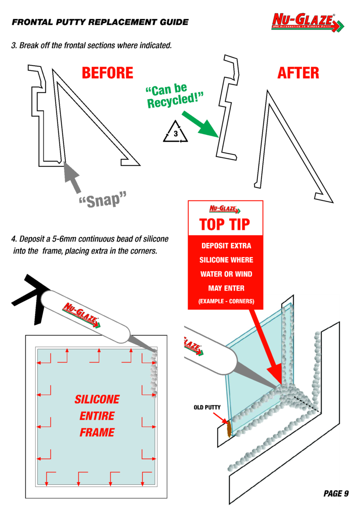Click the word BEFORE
click(x=107, y=73)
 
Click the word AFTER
click(x=298, y=73)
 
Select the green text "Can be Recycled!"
click(x=173, y=96)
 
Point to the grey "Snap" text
click(x=103, y=200)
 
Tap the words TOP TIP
click(x=225, y=224)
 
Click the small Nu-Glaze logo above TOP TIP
click(x=225, y=209)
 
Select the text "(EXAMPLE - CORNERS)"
click(x=226, y=302)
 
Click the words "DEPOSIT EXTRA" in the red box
click(x=226, y=246)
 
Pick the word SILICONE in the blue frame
click(x=97, y=399)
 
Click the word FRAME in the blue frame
click(x=97, y=432)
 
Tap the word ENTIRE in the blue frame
click(x=97, y=416)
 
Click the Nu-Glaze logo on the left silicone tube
click(x=82, y=316)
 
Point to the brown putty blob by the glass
click(x=229, y=428)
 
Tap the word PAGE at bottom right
click(x=331, y=494)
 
